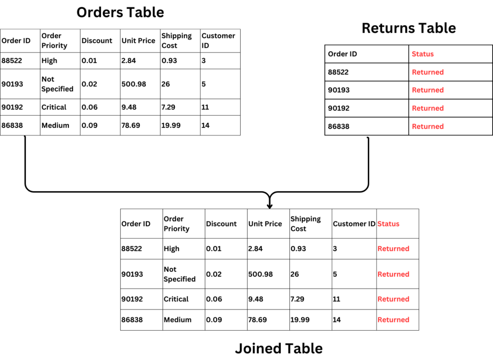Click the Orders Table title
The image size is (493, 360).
click(120, 13)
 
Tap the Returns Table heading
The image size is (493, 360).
click(409, 28)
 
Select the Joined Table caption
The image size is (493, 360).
click(279, 348)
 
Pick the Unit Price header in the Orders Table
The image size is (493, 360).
click(138, 40)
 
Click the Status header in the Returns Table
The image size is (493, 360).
click(423, 54)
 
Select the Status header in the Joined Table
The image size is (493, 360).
click(389, 224)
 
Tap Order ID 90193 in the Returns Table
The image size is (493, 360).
click(338, 90)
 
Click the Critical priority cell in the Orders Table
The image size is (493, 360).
click(54, 107)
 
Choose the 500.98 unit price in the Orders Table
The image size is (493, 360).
click(134, 84)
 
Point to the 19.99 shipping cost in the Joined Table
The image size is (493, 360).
click(300, 320)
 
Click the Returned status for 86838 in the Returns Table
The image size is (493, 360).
click(428, 126)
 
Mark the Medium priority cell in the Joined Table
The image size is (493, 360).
click(177, 320)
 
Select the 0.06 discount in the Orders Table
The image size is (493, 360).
click(90, 107)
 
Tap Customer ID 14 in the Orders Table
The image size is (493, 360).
click(205, 125)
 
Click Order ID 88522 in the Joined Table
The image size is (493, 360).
click(132, 249)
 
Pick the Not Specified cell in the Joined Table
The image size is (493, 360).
click(180, 274)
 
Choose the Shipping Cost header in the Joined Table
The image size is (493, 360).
click(306, 224)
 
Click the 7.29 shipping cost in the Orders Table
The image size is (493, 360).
click(168, 107)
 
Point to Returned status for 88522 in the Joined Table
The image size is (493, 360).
click(393, 249)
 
